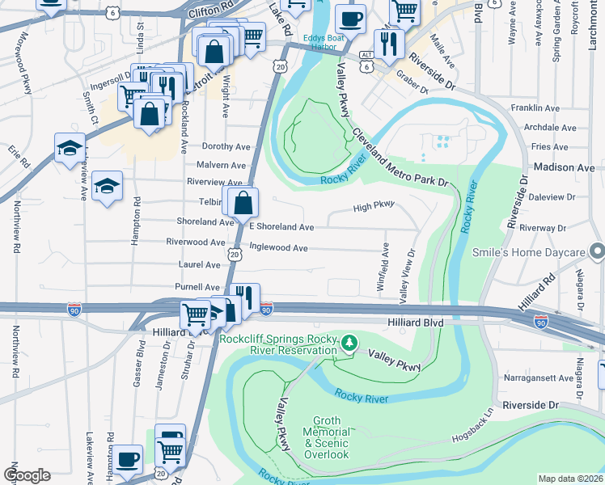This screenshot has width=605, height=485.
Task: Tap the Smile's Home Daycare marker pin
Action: [597, 252]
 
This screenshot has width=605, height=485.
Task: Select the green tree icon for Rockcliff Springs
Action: [349, 344]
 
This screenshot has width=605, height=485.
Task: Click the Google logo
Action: [27, 475]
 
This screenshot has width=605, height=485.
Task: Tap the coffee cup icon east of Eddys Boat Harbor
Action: [349, 19]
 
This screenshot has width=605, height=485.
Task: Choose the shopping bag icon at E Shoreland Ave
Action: [243, 205]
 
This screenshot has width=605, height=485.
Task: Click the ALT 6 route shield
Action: [367, 60]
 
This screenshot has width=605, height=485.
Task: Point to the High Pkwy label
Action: [373, 207]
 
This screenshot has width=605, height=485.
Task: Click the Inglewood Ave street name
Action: [278, 248]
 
